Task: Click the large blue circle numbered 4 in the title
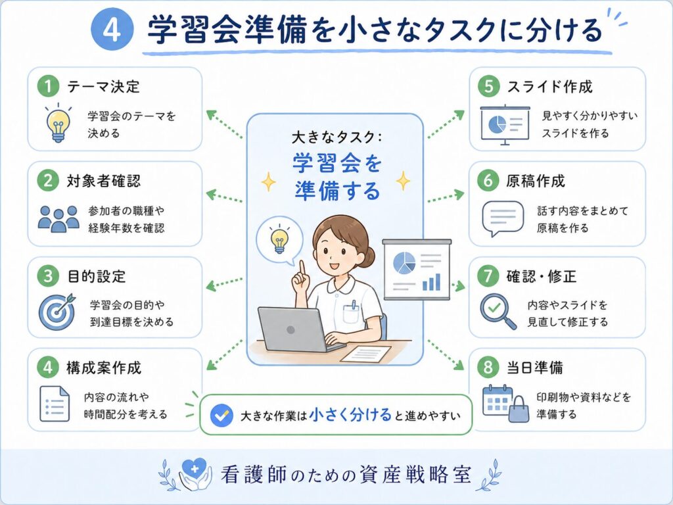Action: (112, 29)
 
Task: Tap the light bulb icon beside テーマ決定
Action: (58, 123)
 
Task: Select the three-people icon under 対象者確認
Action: (58, 218)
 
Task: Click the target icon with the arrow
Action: (57, 312)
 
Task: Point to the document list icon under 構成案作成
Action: (55, 404)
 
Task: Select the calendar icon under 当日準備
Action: (498, 400)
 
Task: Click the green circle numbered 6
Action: (488, 180)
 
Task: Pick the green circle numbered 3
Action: (47, 276)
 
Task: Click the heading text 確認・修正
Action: (542, 276)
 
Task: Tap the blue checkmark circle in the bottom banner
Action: (221, 416)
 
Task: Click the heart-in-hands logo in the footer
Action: (195, 474)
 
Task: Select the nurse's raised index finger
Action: (302, 269)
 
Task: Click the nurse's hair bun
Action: (368, 256)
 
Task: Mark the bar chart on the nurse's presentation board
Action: (431, 281)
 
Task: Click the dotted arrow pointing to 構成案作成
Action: (224, 355)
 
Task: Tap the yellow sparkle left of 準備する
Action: (269, 181)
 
